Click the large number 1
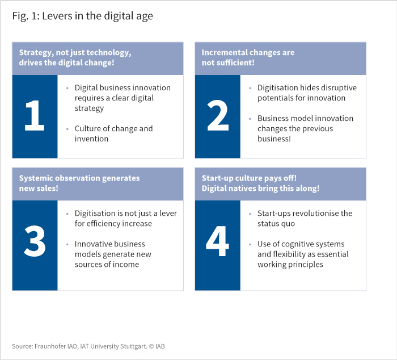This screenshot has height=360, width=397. point(35,115)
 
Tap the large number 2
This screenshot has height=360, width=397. point(218,115)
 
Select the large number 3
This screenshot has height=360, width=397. point(35,241)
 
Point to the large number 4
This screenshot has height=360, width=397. point(217,241)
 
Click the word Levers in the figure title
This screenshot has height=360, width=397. point(57,16)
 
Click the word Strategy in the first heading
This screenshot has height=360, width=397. point(36,53)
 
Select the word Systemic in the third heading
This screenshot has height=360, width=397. point(36,178)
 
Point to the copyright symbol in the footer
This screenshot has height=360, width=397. point(151,346)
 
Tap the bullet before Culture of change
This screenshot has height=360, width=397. point(67,129)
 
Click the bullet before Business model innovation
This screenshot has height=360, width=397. point(250,119)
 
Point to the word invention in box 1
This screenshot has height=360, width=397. point(91,139)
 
